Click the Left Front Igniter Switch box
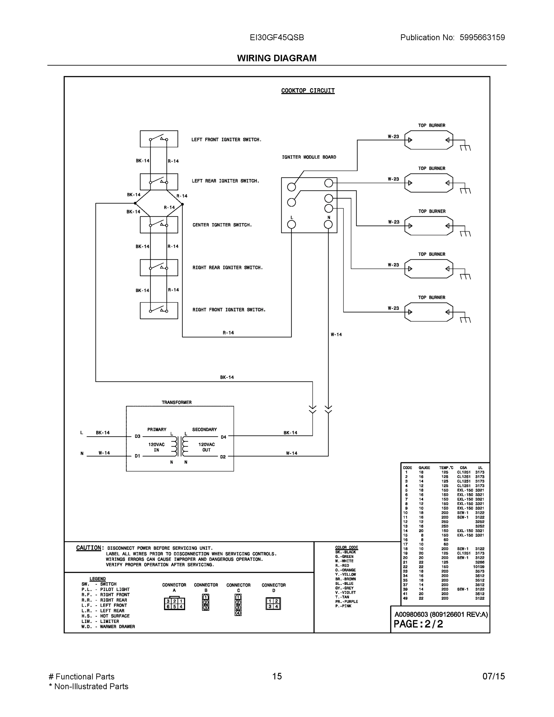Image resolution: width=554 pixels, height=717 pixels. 159,139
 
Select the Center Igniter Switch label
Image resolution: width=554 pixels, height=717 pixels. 222,225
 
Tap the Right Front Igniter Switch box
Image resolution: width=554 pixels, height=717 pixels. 159,311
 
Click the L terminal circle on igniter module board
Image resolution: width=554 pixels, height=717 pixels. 291,225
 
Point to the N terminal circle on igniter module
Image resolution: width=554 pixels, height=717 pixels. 328,225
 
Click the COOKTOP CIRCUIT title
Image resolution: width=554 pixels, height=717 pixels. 308,91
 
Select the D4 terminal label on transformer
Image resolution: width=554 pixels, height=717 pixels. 223,437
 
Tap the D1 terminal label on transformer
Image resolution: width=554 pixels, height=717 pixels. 137,456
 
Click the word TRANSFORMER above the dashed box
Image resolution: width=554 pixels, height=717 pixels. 177,402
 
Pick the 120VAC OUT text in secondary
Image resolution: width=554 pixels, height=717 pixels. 206,447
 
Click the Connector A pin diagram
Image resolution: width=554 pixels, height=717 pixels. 175,604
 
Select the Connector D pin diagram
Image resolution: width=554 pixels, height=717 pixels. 273,604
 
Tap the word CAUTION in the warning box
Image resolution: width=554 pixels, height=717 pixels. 89,548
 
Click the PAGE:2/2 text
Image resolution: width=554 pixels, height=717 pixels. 418,624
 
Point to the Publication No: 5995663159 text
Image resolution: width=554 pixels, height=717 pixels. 452,38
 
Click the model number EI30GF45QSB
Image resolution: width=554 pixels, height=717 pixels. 277,38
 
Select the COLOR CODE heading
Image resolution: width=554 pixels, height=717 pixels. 346,547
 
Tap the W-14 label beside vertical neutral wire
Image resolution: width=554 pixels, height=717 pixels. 336,335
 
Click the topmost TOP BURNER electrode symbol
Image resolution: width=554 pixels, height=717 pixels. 429,140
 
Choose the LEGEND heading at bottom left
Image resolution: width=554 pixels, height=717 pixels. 97,579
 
